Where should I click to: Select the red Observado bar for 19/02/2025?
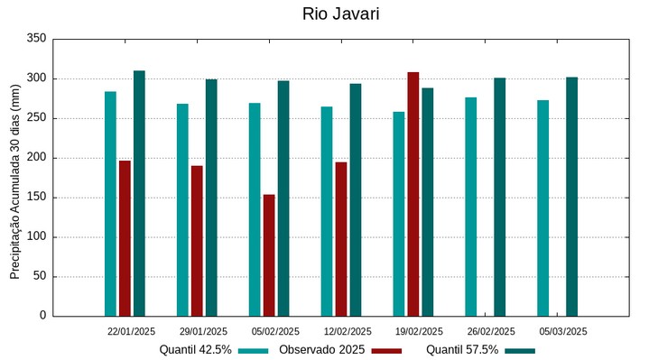click(x=413, y=194)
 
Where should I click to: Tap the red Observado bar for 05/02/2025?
click(x=269, y=255)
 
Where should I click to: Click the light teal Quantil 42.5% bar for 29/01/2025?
click(x=182, y=209)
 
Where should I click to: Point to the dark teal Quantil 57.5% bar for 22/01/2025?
click(x=139, y=193)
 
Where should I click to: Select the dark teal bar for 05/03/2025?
click(x=572, y=197)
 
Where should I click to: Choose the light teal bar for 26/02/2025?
click(x=471, y=207)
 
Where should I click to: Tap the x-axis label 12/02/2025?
click(x=348, y=331)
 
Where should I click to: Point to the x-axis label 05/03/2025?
click(x=563, y=331)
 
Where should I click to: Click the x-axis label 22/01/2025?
click(x=131, y=331)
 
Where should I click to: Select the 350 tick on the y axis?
click(x=36, y=39)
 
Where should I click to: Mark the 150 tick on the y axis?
click(x=36, y=198)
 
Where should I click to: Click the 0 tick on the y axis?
click(x=42, y=316)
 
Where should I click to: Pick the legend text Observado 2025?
click(x=321, y=349)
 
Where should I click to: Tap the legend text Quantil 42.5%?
click(x=196, y=349)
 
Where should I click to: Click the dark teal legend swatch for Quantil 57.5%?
click(x=520, y=350)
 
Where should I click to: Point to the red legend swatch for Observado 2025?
click(x=386, y=350)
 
